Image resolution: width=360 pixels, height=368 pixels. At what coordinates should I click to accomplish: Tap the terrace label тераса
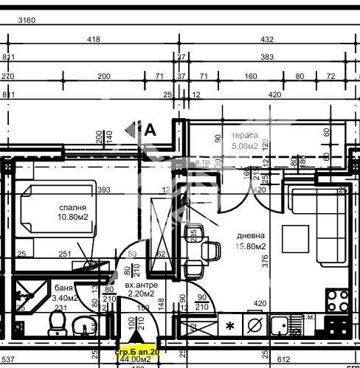pyautogui.click(x=244, y=136)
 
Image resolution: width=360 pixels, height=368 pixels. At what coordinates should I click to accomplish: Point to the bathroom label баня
pyautogui.click(x=63, y=288)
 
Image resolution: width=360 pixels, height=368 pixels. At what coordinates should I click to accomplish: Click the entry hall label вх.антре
pyautogui.click(x=119, y=284)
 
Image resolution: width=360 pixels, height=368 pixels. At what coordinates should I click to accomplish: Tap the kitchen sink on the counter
pyautogui.click(x=280, y=324)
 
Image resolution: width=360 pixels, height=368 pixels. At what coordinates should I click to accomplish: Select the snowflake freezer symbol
pyautogui.click(x=229, y=325)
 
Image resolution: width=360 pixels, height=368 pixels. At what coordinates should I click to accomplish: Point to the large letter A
pyautogui.click(x=150, y=130)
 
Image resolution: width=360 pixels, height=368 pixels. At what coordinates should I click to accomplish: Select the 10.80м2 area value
pyautogui.click(x=75, y=218)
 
